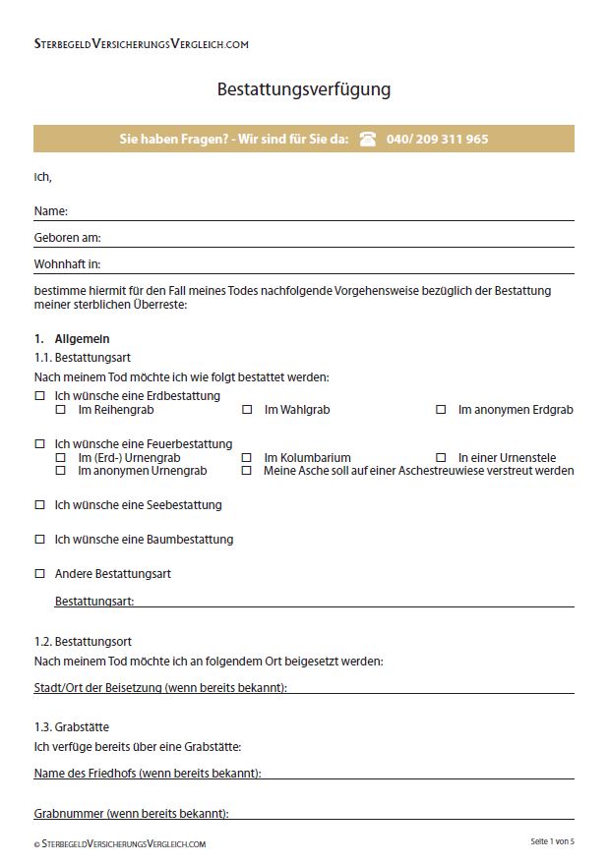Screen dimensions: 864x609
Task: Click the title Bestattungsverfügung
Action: click(x=303, y=89)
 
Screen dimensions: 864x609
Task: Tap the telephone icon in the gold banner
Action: click(x=368, y=139)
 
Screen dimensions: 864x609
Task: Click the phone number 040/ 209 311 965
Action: click(x=437, y=139)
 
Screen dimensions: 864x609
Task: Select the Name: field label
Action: click(x=50, y=211)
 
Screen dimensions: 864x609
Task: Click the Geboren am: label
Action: click(x=67, y=238)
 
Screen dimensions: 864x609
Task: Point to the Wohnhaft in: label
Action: click(x=67, y=264)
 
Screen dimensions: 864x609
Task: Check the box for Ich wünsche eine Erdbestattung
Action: click(x=40, y=396)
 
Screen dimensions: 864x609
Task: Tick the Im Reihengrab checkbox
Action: click(x=61, y=409)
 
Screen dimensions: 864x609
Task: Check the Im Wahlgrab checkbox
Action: click(x=247, y=409)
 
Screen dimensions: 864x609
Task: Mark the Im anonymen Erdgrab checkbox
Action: click(x=441, y=409)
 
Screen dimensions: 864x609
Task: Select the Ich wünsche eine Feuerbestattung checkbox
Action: click(x=40, y=444)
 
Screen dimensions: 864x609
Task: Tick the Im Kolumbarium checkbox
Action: click(x=247, y=457)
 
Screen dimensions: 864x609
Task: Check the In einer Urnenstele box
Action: click(x=441, y=457)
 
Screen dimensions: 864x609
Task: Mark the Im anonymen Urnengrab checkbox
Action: click(x=61, y=470)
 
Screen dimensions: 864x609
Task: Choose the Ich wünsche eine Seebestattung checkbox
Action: click(x=40, y=505)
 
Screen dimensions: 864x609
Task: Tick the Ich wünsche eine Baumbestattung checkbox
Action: click(x=40, y=540)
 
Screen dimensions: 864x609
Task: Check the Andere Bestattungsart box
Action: click(x=40, y=573)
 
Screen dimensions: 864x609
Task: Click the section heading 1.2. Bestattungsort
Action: click(x=83, y=642)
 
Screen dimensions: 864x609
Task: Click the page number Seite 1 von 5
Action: click(x=552, y=842)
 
